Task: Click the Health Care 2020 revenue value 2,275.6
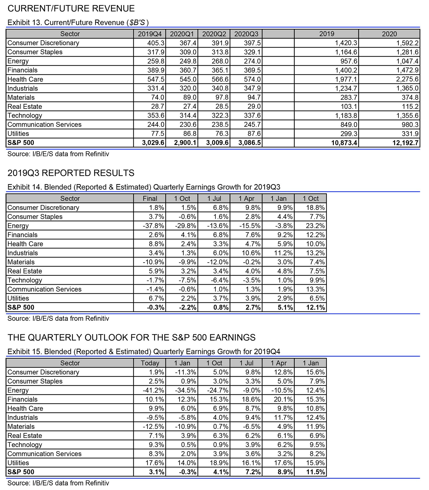406,79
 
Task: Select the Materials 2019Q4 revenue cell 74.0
157,97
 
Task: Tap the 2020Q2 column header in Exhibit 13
214,34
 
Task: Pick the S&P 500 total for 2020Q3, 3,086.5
249,143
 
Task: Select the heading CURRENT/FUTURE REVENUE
71,9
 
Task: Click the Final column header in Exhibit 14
150,198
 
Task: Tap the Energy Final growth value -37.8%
154,226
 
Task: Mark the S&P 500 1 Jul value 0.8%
221,308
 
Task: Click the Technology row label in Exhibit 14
25,280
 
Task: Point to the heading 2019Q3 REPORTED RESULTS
71,173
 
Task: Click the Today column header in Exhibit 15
150,363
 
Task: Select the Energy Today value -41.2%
154,390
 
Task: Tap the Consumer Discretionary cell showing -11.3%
186,372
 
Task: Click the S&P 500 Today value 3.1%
157,472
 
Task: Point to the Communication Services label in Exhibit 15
44,454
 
